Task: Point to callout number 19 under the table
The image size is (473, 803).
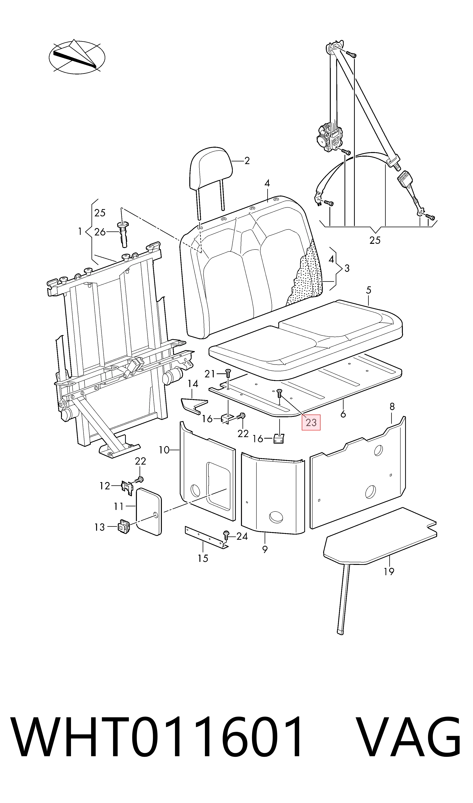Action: point(389,572)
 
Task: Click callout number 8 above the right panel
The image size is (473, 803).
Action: point(392,406)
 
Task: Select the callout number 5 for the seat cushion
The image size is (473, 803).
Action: point(369,290)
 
